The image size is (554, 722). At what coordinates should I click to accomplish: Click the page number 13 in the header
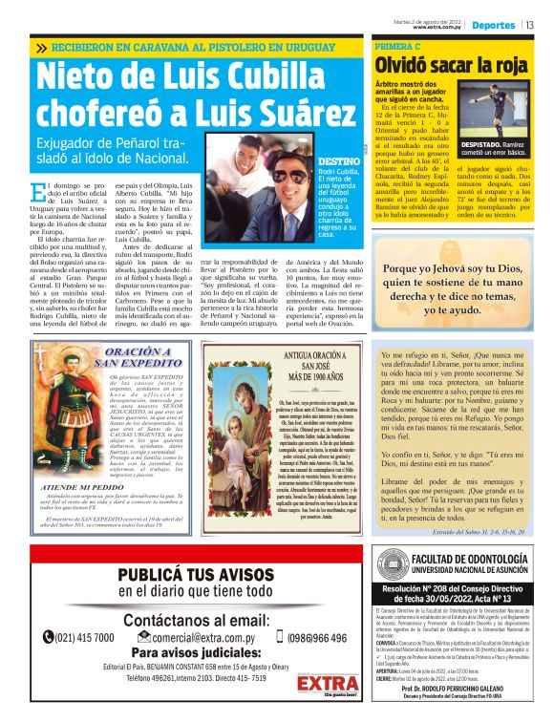[x=529, y=25]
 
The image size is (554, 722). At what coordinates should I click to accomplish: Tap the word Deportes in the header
[x=494, y=25]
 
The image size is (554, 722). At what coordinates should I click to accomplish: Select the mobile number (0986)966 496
[x=320, y=637]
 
